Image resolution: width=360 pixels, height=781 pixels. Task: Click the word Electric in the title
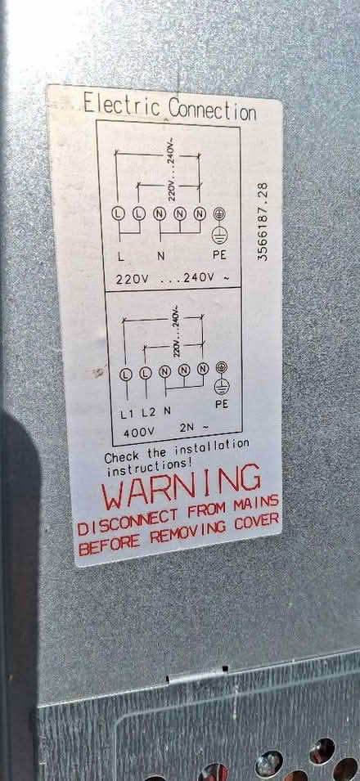(x=122, y=105)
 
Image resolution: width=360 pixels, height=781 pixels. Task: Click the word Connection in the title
(x=212, y=109)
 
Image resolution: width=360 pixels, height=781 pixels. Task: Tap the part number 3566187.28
(x=263, y=221)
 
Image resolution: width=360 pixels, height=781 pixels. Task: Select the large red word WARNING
(x=181, y=485)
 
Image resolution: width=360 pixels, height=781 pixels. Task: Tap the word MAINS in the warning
(x=256, y=502)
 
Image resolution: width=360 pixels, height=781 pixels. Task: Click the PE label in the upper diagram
(x=219, y=255)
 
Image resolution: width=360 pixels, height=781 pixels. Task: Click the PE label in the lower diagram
(x=222, y=404)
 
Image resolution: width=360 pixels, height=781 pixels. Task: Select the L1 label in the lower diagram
(x=127, y=414)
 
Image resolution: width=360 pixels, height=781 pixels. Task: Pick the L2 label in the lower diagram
(x=148, y=412)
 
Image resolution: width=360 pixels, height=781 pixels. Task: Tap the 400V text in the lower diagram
(x=138, y=433)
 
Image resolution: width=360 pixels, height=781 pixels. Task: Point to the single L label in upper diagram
(x=121, y=258)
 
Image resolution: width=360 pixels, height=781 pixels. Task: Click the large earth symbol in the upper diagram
(x=219, y=235)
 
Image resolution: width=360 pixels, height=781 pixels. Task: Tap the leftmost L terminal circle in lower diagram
(x=126, y=374)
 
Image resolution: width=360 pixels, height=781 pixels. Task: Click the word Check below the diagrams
(x=123, y=456)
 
